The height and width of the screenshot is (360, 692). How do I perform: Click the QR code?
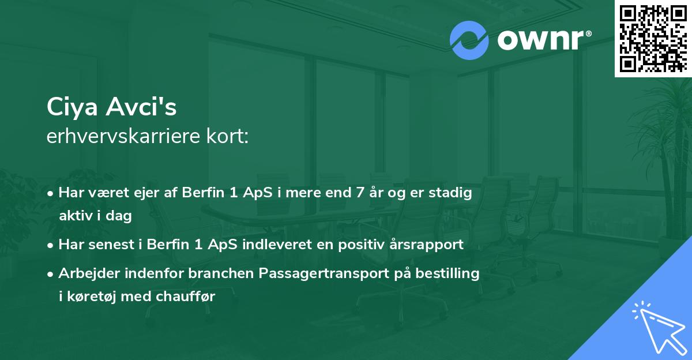pyautogui.click(x=653, y=38)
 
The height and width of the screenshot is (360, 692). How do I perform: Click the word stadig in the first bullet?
pyautogui.click(x=453, y=193)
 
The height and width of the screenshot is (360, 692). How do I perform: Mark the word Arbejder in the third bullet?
pyautogui.click(x=85, y=273)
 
